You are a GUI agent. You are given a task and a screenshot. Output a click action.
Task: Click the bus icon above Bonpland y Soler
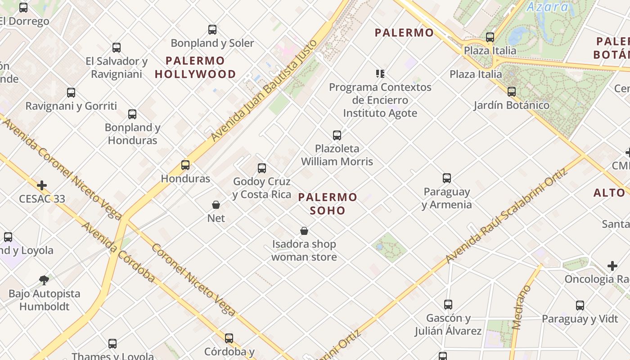[212, 30]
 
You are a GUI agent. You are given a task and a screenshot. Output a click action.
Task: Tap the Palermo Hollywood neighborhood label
[195, 67]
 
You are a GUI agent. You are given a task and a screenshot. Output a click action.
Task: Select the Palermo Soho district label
[328, 204]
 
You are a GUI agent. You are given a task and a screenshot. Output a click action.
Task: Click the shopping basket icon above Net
[216, 205]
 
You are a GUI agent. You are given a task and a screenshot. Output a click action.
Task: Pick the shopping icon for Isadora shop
[304, 231]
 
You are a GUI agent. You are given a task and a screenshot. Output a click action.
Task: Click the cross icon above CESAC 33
[42, 185]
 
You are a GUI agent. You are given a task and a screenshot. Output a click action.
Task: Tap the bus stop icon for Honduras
[185, 165]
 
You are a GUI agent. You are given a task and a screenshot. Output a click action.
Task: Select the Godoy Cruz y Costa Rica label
[262, 188]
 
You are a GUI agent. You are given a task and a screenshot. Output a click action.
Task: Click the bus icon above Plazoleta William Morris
[337, 135]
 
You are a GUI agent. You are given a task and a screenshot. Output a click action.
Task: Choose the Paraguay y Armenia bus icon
[447, 178]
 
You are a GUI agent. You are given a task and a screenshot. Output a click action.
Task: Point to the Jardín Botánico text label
[512, 105]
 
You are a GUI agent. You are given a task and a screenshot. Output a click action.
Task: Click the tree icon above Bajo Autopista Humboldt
[44, 280]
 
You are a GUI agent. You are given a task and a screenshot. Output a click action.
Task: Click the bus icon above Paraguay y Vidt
[580, 306]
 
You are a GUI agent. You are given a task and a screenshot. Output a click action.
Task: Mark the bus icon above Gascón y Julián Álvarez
[448, 305]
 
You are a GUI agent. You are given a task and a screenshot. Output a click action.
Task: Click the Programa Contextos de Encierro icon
[380, 73]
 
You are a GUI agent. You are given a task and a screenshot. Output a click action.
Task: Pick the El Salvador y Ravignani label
[117, 67]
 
